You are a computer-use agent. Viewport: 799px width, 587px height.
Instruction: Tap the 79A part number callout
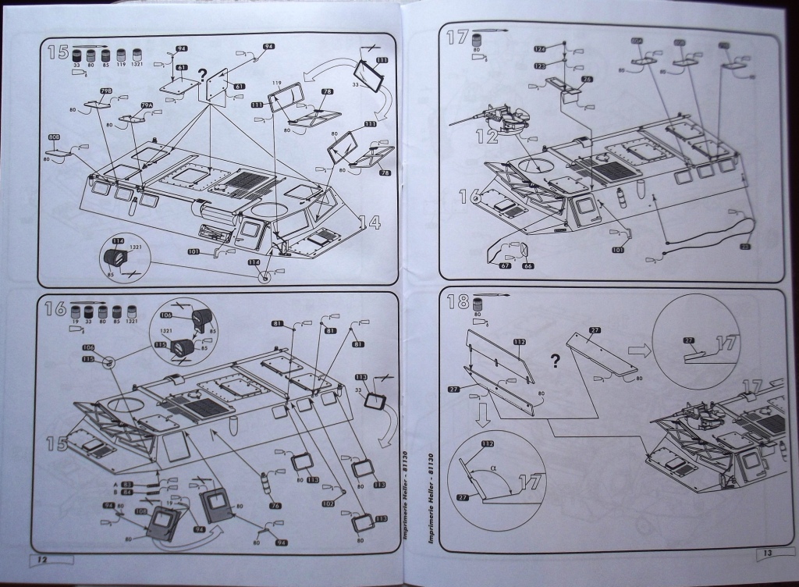(x=146, y=106)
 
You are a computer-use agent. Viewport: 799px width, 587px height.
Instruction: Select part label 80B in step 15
(x=54, y=137)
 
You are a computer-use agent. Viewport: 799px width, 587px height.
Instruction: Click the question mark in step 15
(x=202, y=76)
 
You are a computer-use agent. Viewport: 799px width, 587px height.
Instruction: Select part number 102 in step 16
(x=328, y=504)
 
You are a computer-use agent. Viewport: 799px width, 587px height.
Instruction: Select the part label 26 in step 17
(x=587, y=79)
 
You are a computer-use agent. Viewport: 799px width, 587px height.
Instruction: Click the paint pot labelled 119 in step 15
(x=122, y=56)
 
